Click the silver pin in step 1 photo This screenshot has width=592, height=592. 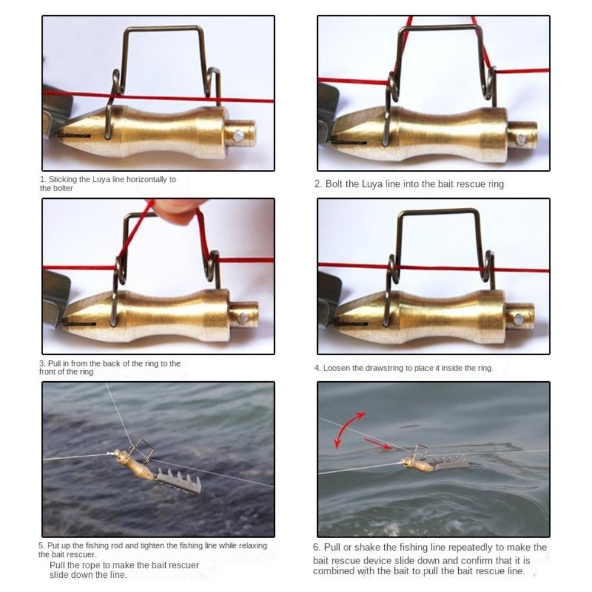pos(238,136)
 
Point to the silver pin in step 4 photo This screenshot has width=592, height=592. pos(519,320)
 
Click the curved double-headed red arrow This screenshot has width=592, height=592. pos(346,429)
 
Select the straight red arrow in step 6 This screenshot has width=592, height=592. pos(378,445)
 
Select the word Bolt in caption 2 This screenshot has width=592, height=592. pos(334,184)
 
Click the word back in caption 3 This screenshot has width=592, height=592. pos(111,363)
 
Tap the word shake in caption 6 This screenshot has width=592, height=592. pos(367,548)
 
